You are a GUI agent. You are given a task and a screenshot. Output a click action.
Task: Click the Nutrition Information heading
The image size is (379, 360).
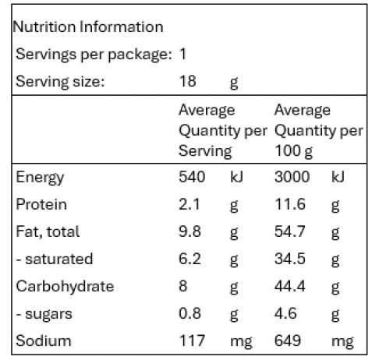point(88,26)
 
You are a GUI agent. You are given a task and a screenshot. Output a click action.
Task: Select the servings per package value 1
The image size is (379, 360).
point(183,54)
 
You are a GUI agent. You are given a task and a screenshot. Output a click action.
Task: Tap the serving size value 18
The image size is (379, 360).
point(187,81)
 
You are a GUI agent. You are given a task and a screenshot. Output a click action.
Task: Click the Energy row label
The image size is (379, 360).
point(40,178)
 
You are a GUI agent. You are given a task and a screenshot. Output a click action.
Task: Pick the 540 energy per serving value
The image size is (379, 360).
point(192,177)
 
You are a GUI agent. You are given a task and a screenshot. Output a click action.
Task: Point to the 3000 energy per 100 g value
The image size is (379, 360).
point(292,177)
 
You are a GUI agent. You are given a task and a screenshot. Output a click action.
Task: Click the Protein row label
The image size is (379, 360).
point(41,204)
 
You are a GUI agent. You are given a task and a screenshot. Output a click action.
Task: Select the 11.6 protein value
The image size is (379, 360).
point(290,204)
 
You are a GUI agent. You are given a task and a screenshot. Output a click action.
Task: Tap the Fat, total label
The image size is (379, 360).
point(48,231)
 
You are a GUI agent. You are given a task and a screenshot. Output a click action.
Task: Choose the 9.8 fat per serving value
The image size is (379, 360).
point(189,231)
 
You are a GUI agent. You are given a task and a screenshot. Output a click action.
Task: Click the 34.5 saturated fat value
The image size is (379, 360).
point(290,259)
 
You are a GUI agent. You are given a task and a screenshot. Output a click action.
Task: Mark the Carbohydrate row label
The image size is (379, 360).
point(65,286)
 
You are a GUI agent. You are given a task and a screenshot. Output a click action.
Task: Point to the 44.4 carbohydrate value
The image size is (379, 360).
point(290,286)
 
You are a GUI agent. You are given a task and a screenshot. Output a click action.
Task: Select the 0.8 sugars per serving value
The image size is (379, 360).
point(189,313)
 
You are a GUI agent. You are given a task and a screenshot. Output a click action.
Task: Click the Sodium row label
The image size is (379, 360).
point(44,341)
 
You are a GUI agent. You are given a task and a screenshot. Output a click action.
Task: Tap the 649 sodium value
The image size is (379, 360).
point(288,341)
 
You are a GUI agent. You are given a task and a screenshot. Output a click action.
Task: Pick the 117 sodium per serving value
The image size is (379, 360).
point(192,341)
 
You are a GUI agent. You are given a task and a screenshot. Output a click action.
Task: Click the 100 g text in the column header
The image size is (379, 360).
point(294,151)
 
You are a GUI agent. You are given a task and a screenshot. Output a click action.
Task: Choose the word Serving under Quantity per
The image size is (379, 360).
point(205,151)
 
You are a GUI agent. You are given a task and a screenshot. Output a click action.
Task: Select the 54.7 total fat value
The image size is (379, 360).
point(290,231)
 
